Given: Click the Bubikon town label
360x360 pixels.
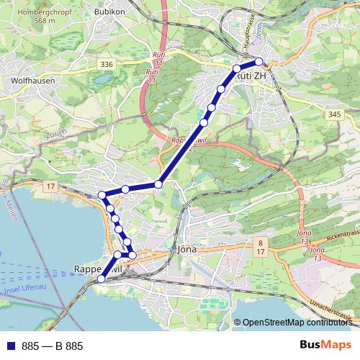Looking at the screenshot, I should (x=109, y=12).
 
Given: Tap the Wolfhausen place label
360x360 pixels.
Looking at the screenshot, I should (x=29, y=81).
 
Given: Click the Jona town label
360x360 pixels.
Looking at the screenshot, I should (x=186, y=249).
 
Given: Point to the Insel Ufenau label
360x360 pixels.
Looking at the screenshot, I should (x=25, y=289).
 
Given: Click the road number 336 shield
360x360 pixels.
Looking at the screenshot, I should (x=107, y=65).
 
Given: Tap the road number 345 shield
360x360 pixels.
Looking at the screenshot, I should (x=333, y=114).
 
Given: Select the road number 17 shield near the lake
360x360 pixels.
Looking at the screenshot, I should (x=50, y=187).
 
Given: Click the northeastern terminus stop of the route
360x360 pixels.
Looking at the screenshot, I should (x=259, y=62).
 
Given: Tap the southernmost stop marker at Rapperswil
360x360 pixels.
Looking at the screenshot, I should (x=102, y=279).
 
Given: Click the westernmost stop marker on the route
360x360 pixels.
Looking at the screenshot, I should (x=102, y=195).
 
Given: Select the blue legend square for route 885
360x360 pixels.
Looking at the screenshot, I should (x=11, y=346).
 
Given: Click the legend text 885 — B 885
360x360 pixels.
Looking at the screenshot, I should (x=52, y=346).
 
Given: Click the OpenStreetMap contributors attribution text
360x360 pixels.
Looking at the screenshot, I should (x=297, y=323).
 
